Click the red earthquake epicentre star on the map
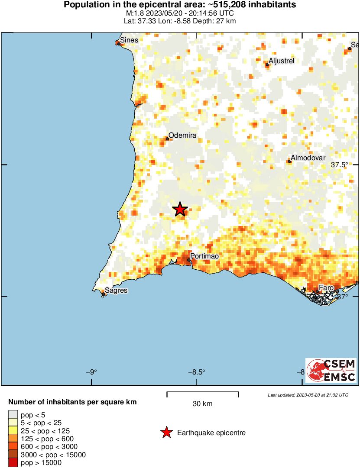(x=180, y=210)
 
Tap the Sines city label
(x=129, y=40)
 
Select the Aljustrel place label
(x=281, y=61)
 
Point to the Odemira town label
(x=182, y=136)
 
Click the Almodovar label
(x=308, y=158)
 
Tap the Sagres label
(x=116, y=290)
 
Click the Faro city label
(x=326, y=288)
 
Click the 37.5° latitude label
(x=340, y=165)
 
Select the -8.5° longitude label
(x=197, y=372)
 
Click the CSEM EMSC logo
(x=331, y=370)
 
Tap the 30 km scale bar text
(x=202, y=404)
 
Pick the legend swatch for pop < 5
(x=13, y=415)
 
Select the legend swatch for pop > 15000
(x=13, y=462)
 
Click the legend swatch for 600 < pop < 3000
(x=13, y=446)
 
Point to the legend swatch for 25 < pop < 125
(x=13, y=431)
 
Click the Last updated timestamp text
(x=308, y=395)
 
